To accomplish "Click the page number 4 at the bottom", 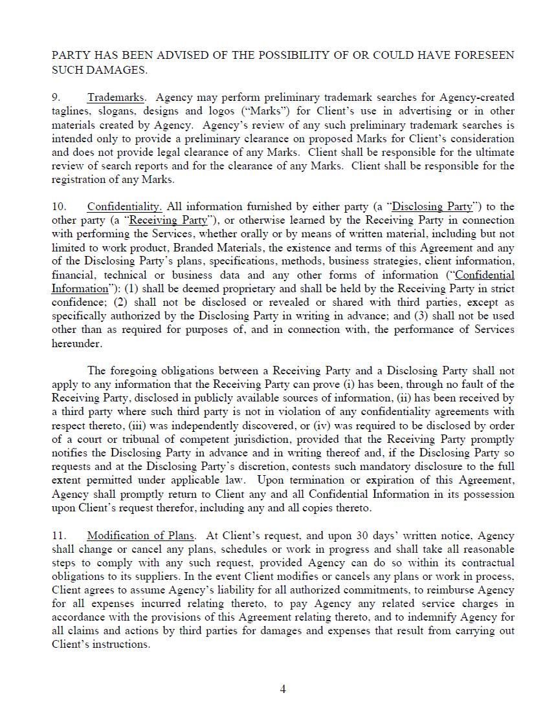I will (x=283, y=689).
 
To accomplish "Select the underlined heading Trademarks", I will (x=116, y=98).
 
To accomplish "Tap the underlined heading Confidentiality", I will (x=124, y=207).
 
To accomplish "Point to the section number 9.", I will (x=56, y=98).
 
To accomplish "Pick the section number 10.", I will (x=58, y=207).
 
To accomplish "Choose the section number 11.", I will (x=58, y=536).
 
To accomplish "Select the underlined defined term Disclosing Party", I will (x=432, y=207).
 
